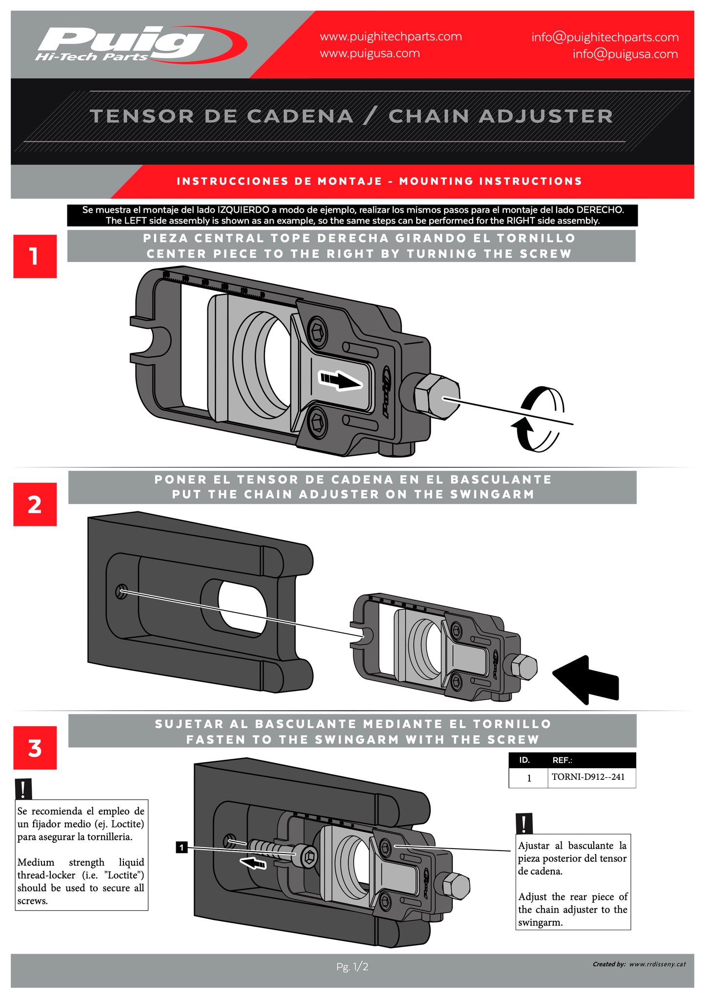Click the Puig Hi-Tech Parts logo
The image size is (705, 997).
pyautogui.click(x=139, y=45)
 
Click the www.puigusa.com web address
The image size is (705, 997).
pyautogui.click(x=369, y=53)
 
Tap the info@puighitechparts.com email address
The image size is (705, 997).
pyautogui.click(x=604, y=37)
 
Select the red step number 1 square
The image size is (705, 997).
pyautogui.click(x=35, y=256)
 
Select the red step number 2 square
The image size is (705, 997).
pyautogui.click(x=35, y=504)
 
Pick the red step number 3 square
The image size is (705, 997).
pyautogui.click(x=35, y=748)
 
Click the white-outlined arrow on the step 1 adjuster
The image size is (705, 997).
pyautogui.click(x=340, y=380)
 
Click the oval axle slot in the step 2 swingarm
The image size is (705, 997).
pyautogui.click(x=242, y=608)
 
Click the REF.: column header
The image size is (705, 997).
pyautogui.click(x=562, y=760)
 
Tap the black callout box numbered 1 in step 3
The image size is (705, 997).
pyautogui.click(x=181, y=847)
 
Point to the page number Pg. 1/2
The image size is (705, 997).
pyautogui.click(x=352, y=966)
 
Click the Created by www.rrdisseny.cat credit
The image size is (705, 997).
pyautogui.click(x=639, y=964)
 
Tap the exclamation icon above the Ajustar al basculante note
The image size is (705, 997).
pyautogui.click(x=524, y=823)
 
